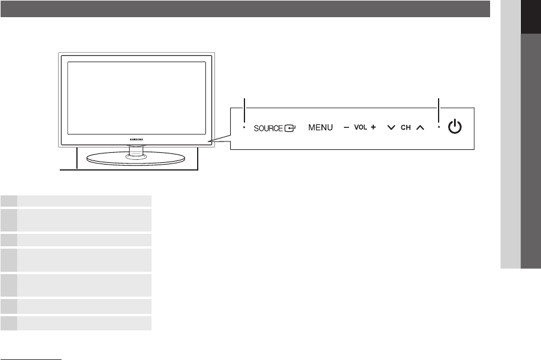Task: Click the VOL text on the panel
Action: (361, 127)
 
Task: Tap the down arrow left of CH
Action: (391, 127)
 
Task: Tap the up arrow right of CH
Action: (420, 127)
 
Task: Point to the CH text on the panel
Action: (405, 127)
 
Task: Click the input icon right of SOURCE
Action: (290, 127)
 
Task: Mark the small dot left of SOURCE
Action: (244, 127)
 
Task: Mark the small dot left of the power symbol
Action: (439, 127)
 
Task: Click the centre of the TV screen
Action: (136, 96)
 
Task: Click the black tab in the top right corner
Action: (530, 17)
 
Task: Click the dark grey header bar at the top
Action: (245, 8)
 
